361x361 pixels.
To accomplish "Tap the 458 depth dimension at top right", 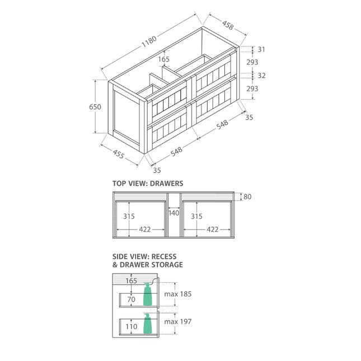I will point(228,25).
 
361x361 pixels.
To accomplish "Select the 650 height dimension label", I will point(96,107).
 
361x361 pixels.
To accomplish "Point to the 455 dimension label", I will point(118,155).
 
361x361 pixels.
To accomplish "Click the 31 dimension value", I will point(261,49).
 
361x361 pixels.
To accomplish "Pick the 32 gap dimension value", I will point(261,75).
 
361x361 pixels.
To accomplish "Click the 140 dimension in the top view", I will point(174,213).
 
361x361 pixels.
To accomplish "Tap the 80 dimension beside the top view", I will point(247,196).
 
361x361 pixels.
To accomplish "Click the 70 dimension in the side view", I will point(132,300).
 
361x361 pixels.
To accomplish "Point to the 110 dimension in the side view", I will point(132,326).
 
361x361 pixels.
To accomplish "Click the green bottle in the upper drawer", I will point(148,294).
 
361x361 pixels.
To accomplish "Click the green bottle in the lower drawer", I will point(148,324).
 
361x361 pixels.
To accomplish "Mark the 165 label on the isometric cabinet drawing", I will point(163,59).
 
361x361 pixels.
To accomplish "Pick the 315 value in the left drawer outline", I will point(129,216).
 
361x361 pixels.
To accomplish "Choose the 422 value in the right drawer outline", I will point(212,229).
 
